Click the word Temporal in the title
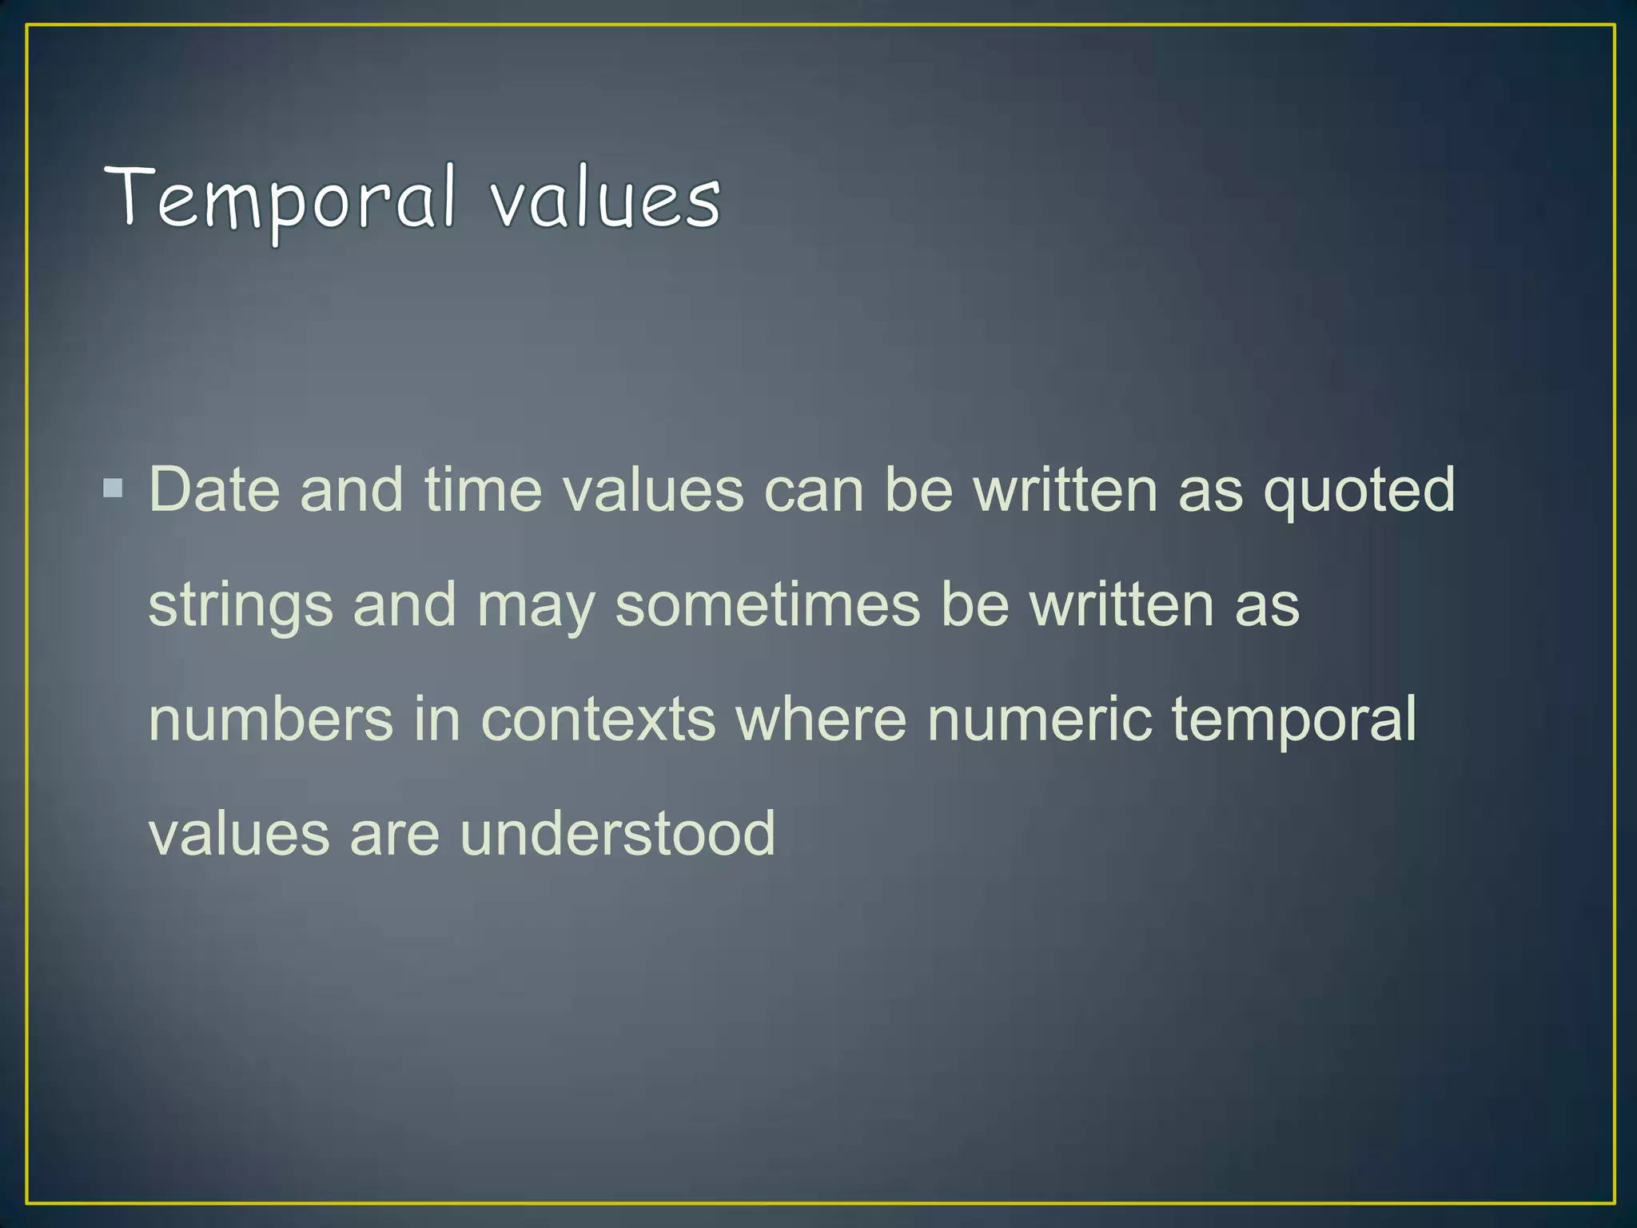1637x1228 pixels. pos(280,200)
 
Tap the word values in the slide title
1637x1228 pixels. pos(605,200)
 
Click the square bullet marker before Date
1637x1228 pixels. pos(114,488)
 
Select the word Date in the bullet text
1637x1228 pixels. pos(214,489)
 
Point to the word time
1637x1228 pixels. pos(483,489)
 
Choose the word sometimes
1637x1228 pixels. pos(767,605)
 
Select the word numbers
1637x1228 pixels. pos(271,719)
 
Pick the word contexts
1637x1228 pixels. pos(598,719)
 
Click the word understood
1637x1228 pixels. pos(617,833)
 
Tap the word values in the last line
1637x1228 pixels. pos(239,834)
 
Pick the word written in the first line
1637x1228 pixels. pos(1065,489)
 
